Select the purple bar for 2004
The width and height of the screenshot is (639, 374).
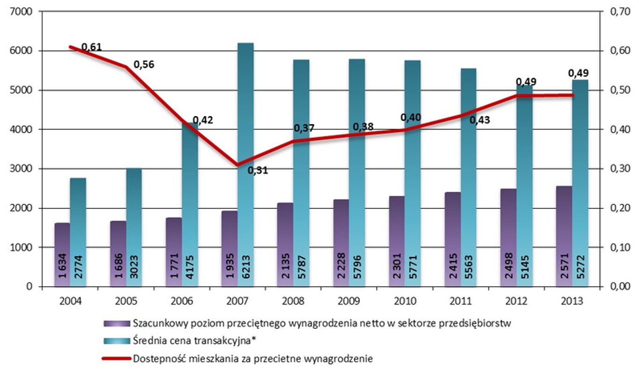click(62, 255)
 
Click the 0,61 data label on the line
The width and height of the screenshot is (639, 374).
click(91, 47)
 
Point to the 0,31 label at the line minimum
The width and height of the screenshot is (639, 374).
click(258, 170)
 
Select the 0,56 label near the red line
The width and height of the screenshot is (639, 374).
click(144, 64)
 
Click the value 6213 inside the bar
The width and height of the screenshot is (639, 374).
click(246, 270)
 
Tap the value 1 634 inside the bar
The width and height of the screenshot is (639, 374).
click(63, 270)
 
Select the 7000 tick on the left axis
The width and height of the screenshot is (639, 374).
click(21, 11)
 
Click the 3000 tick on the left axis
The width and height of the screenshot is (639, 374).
click(21, 168)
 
